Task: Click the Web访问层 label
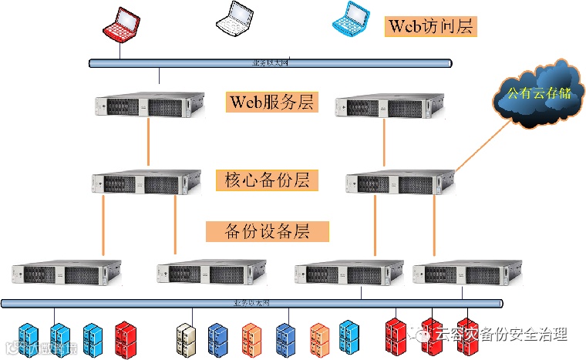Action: click(430, 27)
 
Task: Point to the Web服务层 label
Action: click(271, 103)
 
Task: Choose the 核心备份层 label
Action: click(266, 181)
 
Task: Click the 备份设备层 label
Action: click(268, 231)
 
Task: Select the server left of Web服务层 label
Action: click(151, 106)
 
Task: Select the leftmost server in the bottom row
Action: click(66, 274)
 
